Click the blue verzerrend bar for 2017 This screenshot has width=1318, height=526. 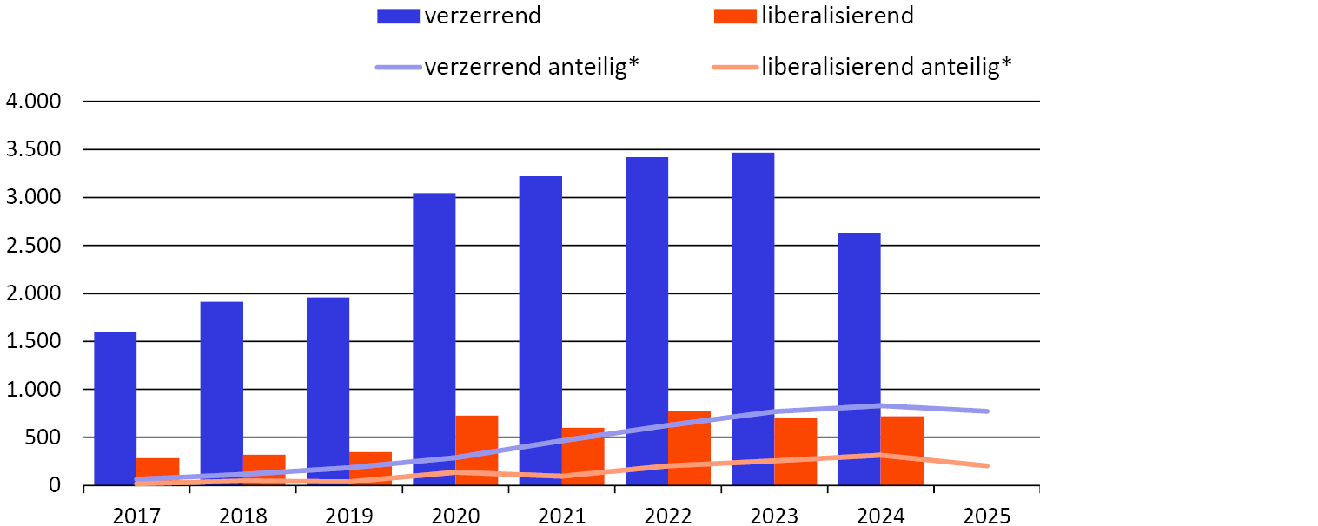pyautogui.click(x=115, y=408)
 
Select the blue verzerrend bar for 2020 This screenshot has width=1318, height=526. pyautogui.click(x=434, y=339)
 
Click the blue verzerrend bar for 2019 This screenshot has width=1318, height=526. pyautogui.click(x=328, y=391)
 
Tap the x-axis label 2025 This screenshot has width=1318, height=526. pyautogui.click(x=987, y=516)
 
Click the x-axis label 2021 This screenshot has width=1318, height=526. pyautogui.click(x=561, y=516)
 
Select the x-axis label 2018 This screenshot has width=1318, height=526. pyautogui.click(x=242, y=516)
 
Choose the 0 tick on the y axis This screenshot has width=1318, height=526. pyautogui.click(x=55, y=486)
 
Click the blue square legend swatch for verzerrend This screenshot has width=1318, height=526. pyautogui.click(x=398, y=16)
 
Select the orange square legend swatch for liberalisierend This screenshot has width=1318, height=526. pyautogui.click(x=734, y=16)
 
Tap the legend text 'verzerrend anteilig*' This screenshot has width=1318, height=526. pyautogui.click(x=532, y=67)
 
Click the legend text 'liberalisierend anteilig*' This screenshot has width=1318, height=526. pyautogui.click(x=887, y=67)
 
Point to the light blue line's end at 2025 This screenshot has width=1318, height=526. pyautogui.click(x=987, y=411)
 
